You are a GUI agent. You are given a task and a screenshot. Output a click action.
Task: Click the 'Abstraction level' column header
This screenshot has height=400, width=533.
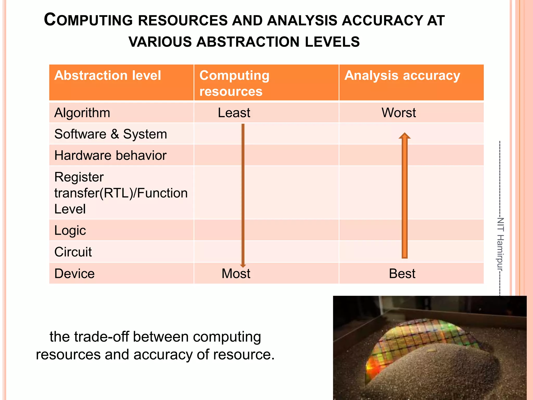point(107,76)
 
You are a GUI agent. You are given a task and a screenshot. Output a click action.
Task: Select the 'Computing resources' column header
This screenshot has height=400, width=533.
point(234,83)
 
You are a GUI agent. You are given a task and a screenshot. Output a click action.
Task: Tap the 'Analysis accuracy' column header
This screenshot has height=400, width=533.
point(402,76)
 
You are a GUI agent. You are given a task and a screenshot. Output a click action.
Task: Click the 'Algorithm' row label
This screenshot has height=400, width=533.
point(82,113)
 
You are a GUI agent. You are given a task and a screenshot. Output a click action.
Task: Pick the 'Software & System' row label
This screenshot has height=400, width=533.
point(111,134)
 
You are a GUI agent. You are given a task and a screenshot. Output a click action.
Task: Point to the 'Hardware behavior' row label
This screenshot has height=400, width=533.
point(110,155)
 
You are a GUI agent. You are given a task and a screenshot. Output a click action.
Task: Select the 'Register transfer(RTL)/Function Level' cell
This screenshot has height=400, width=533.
point(121,193)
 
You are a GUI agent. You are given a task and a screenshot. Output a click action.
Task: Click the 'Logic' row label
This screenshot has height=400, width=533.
point(70,230)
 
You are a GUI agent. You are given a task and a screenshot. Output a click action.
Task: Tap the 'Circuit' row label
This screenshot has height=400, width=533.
point(73,252)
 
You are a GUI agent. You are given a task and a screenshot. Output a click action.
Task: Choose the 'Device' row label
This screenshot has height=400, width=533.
point(74,273)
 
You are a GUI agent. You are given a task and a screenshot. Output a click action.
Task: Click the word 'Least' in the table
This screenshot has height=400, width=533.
point(234,113)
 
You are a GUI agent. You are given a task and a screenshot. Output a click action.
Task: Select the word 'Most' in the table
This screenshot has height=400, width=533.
point(236,273)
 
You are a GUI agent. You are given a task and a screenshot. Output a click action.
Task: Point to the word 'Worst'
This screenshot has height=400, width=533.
point(398,113)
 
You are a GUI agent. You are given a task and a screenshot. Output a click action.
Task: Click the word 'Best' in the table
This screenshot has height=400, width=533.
point(402,273)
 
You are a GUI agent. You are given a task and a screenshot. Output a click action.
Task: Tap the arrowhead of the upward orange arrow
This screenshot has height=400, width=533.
point(404,136)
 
